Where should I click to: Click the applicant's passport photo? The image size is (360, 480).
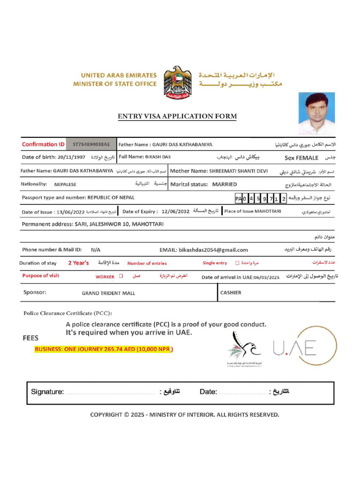(x=317, y=114)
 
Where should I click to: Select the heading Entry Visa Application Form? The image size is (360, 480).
(x=177, y=116)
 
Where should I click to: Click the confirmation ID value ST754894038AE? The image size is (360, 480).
(x=91, y=144)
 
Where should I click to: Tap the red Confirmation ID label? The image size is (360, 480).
(x=43, y=144)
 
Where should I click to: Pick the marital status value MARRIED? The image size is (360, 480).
(x=225, y=184)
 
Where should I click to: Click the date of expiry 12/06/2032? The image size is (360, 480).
(x=175, y=211)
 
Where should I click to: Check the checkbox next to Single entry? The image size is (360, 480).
(x=237, y=263)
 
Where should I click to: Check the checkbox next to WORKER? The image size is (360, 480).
(x=121, y=277)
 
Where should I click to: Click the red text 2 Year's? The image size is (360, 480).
(x=78, y=263)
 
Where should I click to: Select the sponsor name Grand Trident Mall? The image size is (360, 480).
(x=108, y=293)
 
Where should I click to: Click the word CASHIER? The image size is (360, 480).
(x=231, y=292)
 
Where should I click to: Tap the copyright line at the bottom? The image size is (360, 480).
(x=185, y=414)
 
